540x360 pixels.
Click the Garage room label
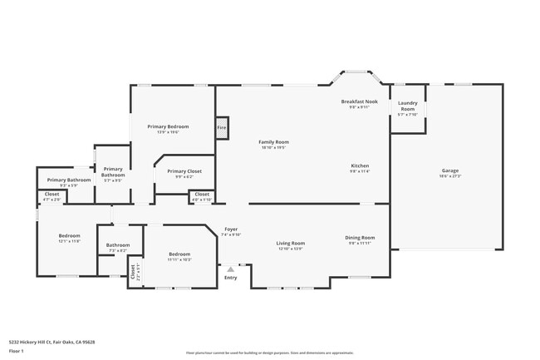click(x=449, y=171)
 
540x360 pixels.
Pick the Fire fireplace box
click(x=221, y=127)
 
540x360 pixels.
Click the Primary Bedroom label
click(x=164, y=128)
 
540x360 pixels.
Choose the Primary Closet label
click(x=184, y=173)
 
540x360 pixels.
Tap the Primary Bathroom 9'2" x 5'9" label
click(x=68, y=181)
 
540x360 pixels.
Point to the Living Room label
click(x=290, y=244)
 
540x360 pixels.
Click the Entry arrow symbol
click(x=230, y=269)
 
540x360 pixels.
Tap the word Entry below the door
click(x=230, y=277)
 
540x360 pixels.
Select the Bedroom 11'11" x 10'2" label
click(x=180, y=256)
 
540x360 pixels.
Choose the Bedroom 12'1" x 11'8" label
click(x=69, y=238)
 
